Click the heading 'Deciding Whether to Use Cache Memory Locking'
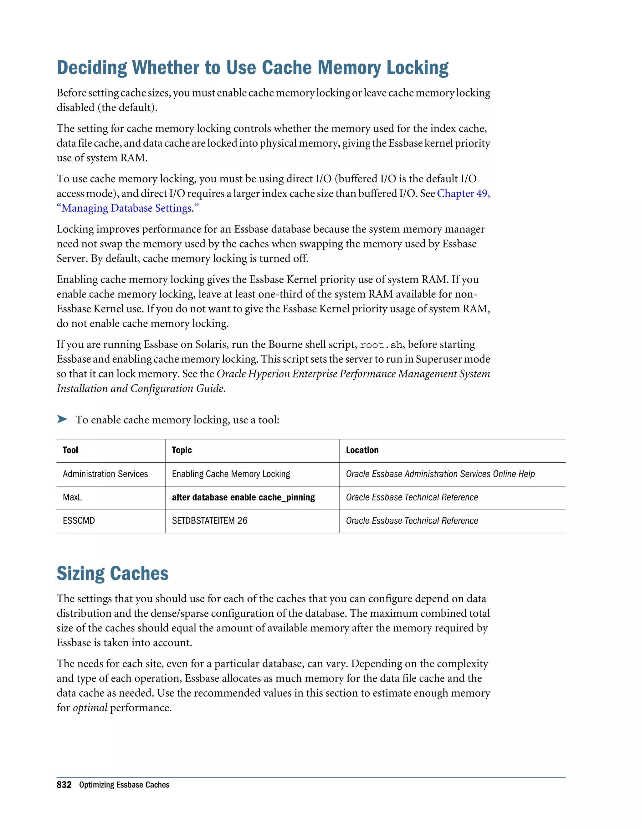click(x=252, y=68)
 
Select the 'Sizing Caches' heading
click(x=112, y=573)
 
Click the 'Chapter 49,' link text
click(x=463, y=194)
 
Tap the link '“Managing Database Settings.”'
click(x=128, y=208)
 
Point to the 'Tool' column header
click(x=70, y=450)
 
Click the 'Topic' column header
click(x=182, y=450)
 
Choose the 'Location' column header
click(x=362, y=450)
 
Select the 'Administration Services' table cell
click(x=105, y=474)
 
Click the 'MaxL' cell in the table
click(x=72, y=497)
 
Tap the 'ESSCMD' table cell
click(x=79, y=521)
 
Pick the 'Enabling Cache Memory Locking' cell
click(x=231, y=474)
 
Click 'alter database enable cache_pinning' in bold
click(x=244, y=497)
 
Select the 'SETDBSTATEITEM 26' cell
click(x=210, y=521)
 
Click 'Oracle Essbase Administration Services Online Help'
click(x=440, y=474)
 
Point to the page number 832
click(x=64, y=785)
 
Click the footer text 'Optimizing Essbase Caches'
click(x=124, y=785)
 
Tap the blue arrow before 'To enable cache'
click(x=62, y=419)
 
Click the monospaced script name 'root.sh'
click(x=381, y=345)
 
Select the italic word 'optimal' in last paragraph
click(x=90, y=708)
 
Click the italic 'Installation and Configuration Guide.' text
click(x=141, y=388)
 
